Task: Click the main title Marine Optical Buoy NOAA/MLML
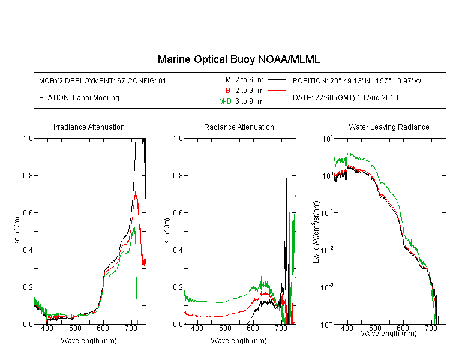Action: [x=238, y=59]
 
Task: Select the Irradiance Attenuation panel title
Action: [x=89, y=127]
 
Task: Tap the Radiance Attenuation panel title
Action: [x=239, y=127]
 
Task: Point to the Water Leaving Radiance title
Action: [x=389, y=127]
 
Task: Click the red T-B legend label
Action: [x=224, y=91]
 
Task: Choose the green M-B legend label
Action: [x=225, y=101]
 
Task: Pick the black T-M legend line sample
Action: [x=277, y=80]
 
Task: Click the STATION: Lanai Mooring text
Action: [x=79, y=98]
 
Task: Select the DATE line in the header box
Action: [x=346, y=98]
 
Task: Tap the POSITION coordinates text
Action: [x=357, y=80]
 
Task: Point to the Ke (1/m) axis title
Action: [x=17, y=231]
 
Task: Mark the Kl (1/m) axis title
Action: [x=167, y=231]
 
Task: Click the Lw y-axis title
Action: [x=316, y=232]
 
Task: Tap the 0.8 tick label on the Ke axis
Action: [x=28, y=175]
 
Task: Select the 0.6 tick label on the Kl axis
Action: [x=178, y=213]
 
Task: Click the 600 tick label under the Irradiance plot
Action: [x=103, y=328]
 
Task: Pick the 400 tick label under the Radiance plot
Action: [x=197, y=328]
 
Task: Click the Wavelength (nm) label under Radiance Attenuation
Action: [x=239, y=340]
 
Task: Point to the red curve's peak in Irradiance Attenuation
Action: [x=135, y=191]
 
